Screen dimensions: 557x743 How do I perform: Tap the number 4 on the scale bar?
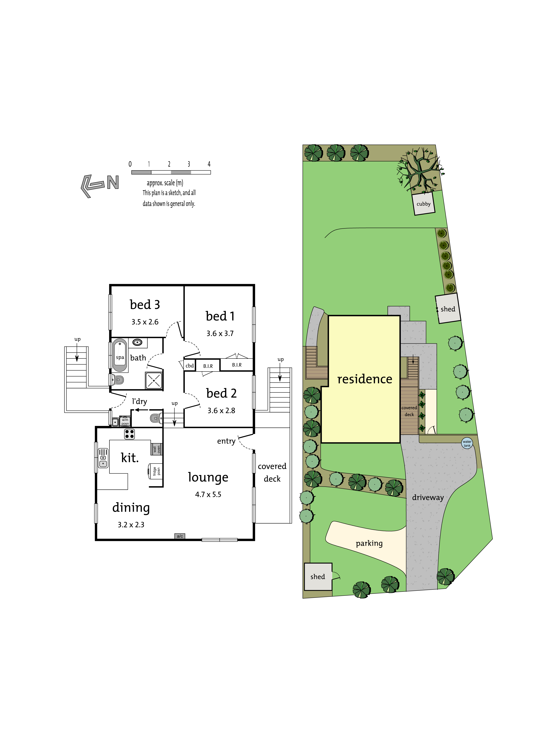pos(209,164)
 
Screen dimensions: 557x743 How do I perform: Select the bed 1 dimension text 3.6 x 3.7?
pos(220,333)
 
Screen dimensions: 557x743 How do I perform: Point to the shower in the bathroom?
pos(154,380)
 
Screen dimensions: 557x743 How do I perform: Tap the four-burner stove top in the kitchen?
pos(129,434)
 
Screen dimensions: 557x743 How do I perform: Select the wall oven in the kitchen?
pos(156,449)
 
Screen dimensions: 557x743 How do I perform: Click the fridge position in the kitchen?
pos(155,471)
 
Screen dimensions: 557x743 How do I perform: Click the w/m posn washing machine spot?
pos(125,422)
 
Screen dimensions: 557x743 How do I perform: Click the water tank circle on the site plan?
pos(467,443)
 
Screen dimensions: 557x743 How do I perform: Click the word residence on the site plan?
pos(365,379)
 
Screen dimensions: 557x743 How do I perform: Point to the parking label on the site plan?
pos(369,543)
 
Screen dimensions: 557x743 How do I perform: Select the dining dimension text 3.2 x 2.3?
pos(131,525)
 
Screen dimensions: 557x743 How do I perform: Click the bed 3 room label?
pos(145,304)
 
